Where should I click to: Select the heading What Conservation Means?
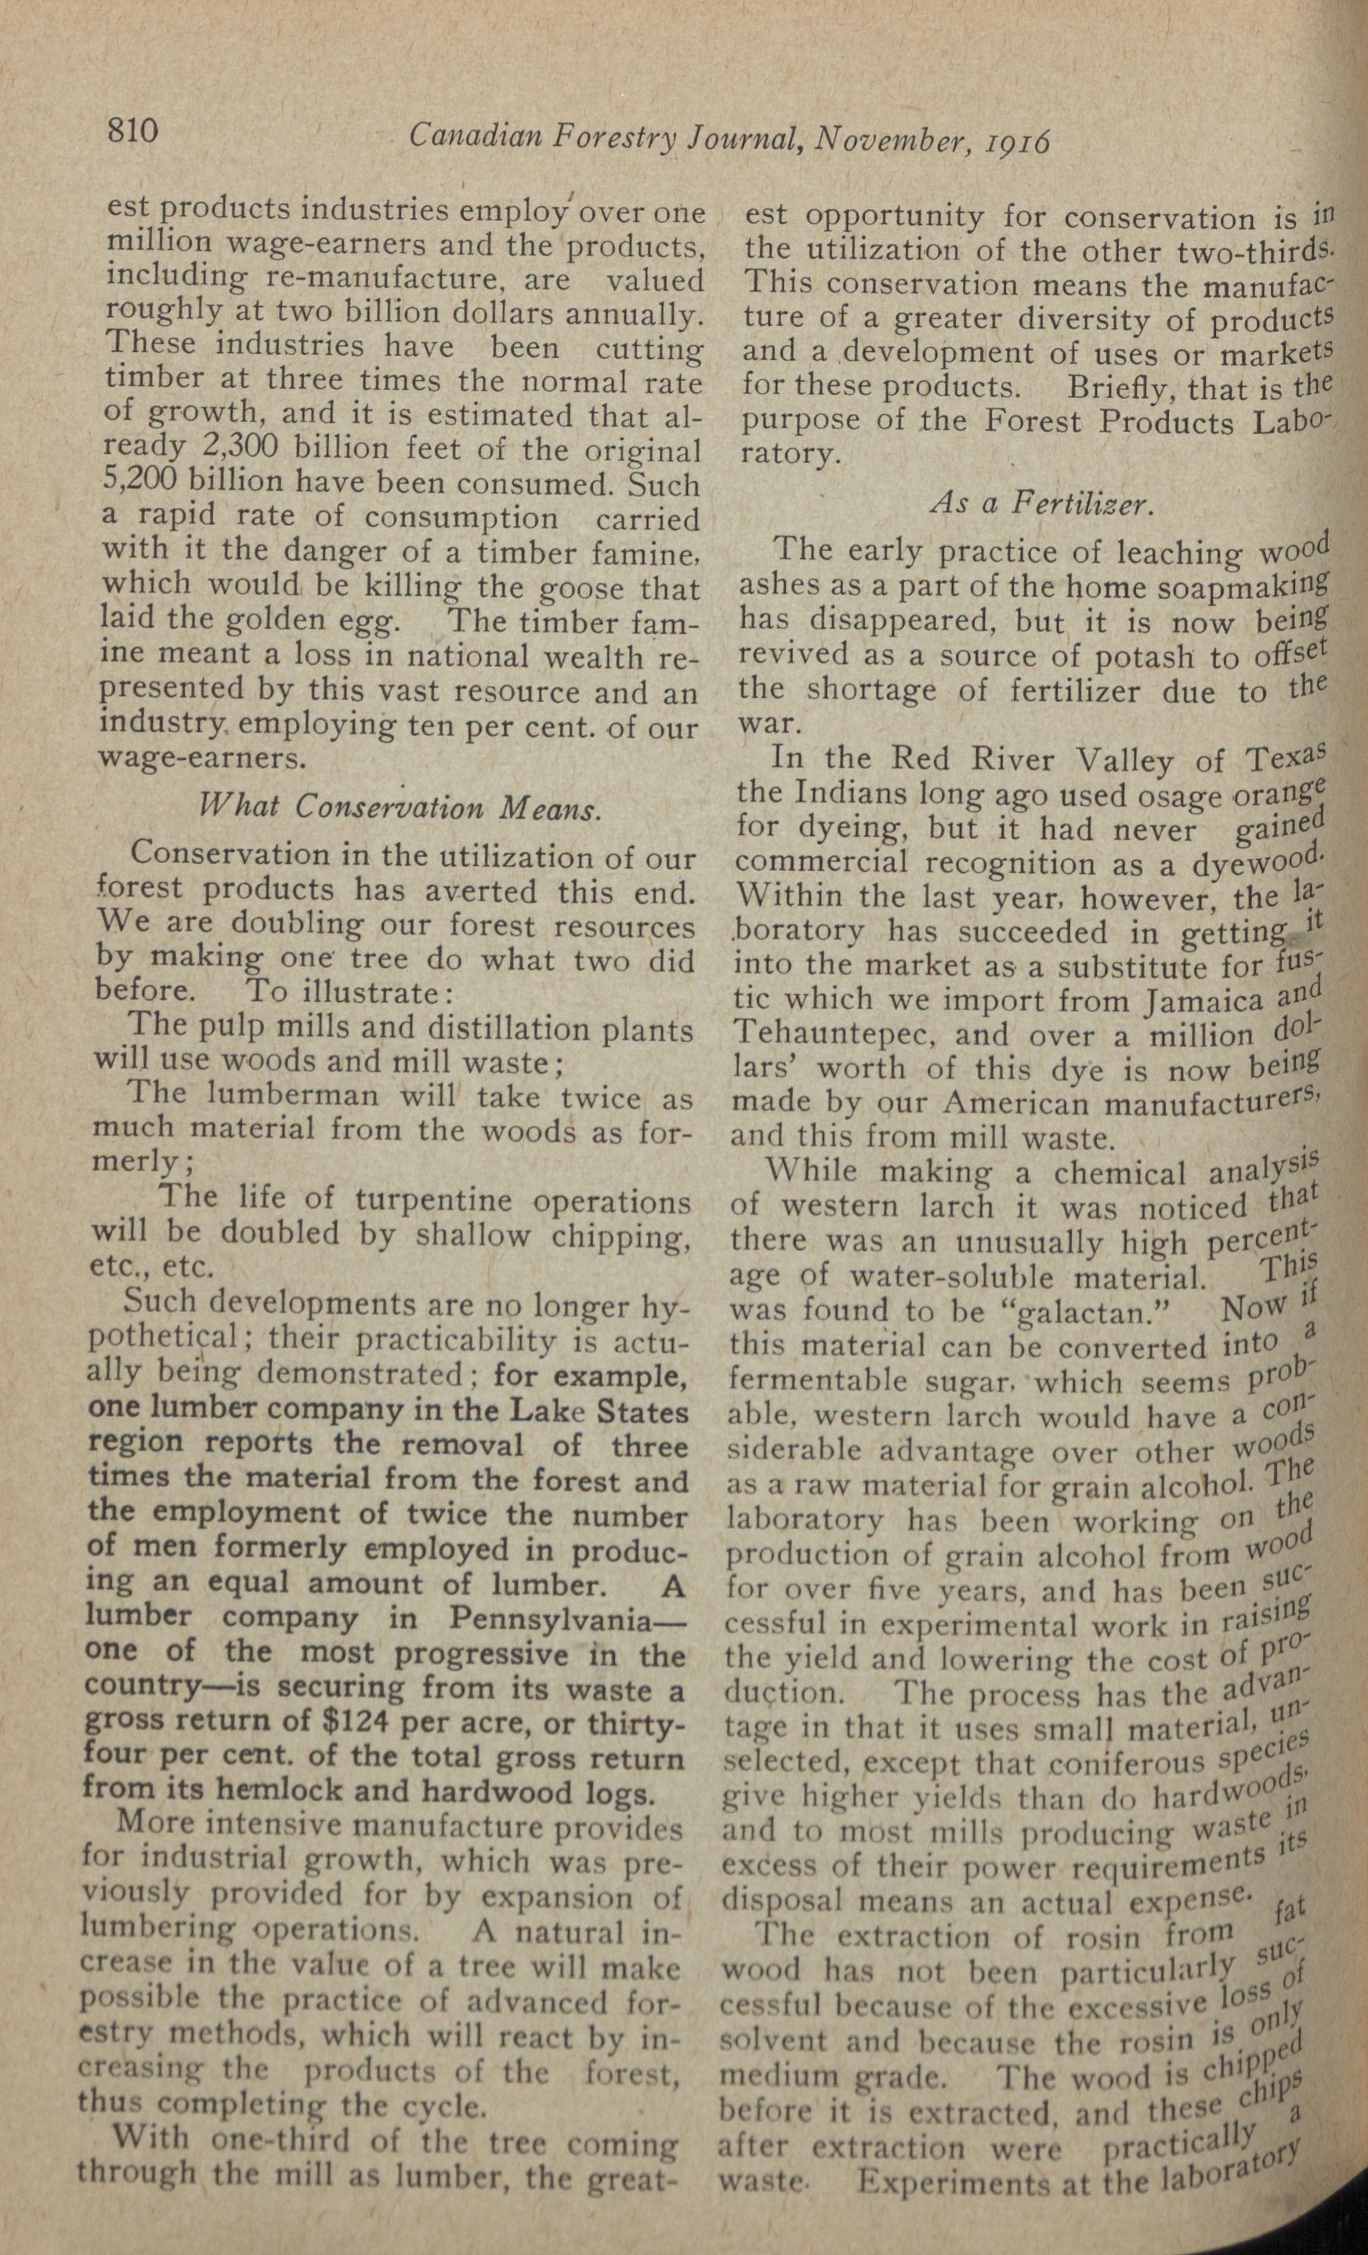400,807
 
